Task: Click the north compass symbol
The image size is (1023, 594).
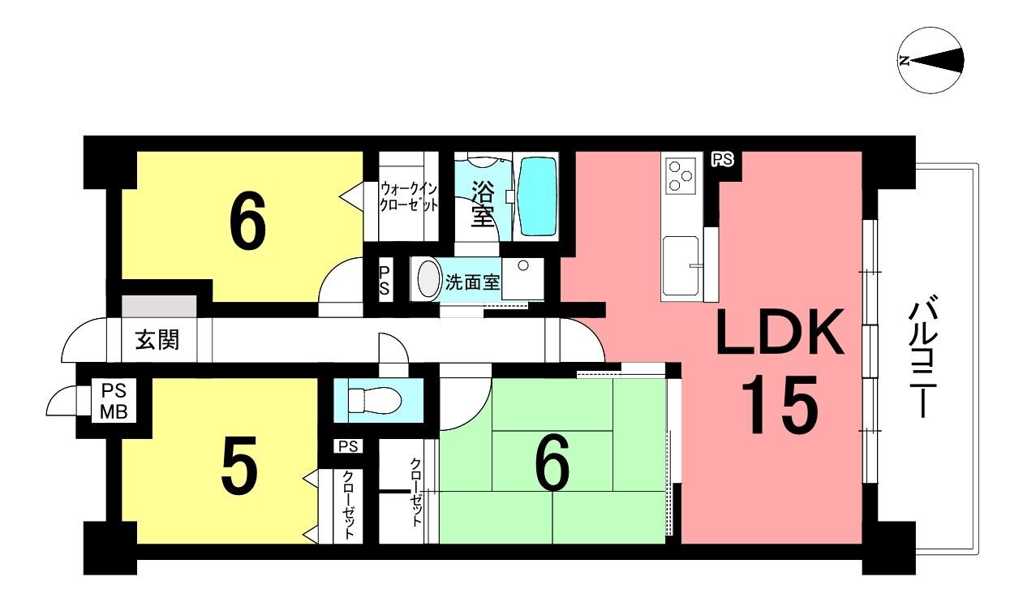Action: (x=931, y=60)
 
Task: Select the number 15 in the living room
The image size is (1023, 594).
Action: (x=780, y=404)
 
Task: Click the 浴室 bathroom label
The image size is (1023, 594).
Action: (x=483, y=203)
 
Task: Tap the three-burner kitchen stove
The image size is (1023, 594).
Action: (x=680, y=174)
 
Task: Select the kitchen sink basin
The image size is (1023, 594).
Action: (x=680, y=266)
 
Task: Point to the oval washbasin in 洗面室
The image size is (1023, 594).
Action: (x=428, y=278)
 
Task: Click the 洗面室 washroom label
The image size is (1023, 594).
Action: (x=473, y=282)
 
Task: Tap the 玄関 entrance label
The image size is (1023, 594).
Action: (x=157, y=340)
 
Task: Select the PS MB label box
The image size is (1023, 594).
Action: (x=114, y=402)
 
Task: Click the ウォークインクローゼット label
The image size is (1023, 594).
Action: (x=409, y=196)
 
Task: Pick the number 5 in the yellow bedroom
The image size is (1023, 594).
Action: (x=239, y=465)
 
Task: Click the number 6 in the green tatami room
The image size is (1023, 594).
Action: (x=552, y=462)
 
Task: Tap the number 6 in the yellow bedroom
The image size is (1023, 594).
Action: (x=247, y=220)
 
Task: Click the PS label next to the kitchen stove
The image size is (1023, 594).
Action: (x=723, y=160)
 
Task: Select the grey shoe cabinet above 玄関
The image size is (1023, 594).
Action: (x=159, y=306)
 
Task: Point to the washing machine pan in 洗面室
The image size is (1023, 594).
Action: (x=522, y=278)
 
